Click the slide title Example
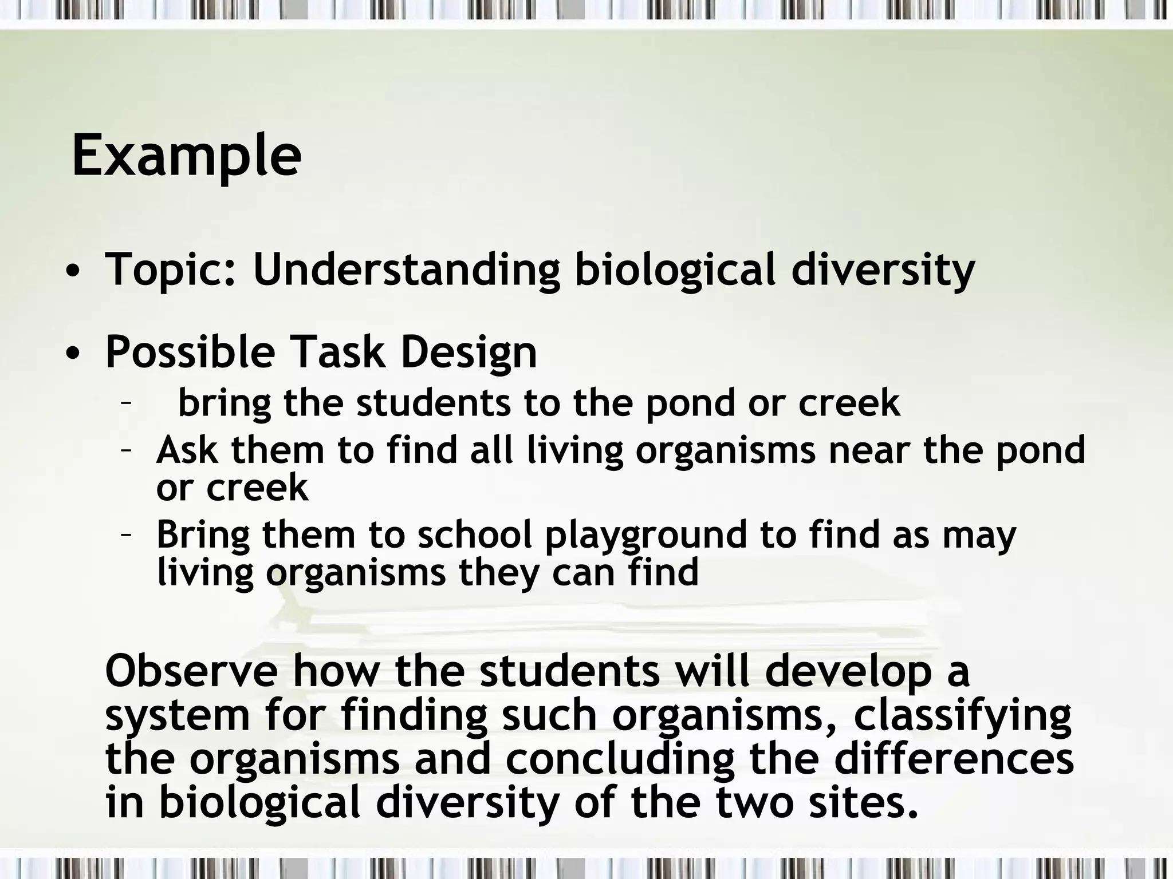[x=186, y=156]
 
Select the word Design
[x=469, y=353]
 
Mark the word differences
[x=954, y=758]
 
